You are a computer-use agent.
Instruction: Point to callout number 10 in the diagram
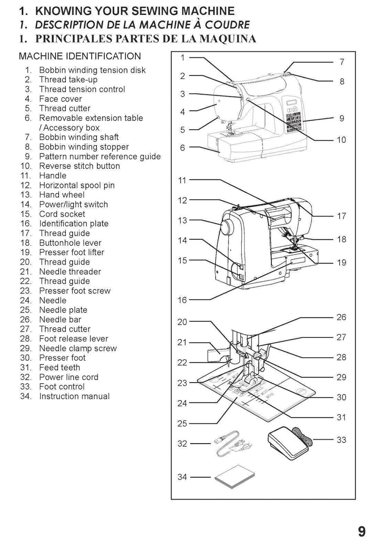pos(341,140)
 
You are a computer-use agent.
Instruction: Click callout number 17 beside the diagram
pos(341,216)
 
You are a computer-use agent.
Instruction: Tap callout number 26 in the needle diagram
pos(341,317)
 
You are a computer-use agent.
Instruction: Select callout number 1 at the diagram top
pos(183,58)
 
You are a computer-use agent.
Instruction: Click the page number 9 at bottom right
pos(361,532)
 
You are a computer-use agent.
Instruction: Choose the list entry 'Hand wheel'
pos(62,195)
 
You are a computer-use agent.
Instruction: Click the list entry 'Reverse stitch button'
pos(79,166)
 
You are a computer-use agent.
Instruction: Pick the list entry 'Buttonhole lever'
pos(70,243)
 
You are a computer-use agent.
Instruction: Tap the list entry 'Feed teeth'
pos(59,368)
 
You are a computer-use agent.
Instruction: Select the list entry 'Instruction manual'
pos(74,396)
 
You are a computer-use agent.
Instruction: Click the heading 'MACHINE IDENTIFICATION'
pos(80,57)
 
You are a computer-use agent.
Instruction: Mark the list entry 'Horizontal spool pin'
pos(77,185)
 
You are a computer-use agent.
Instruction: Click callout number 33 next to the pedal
pos(341,440)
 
